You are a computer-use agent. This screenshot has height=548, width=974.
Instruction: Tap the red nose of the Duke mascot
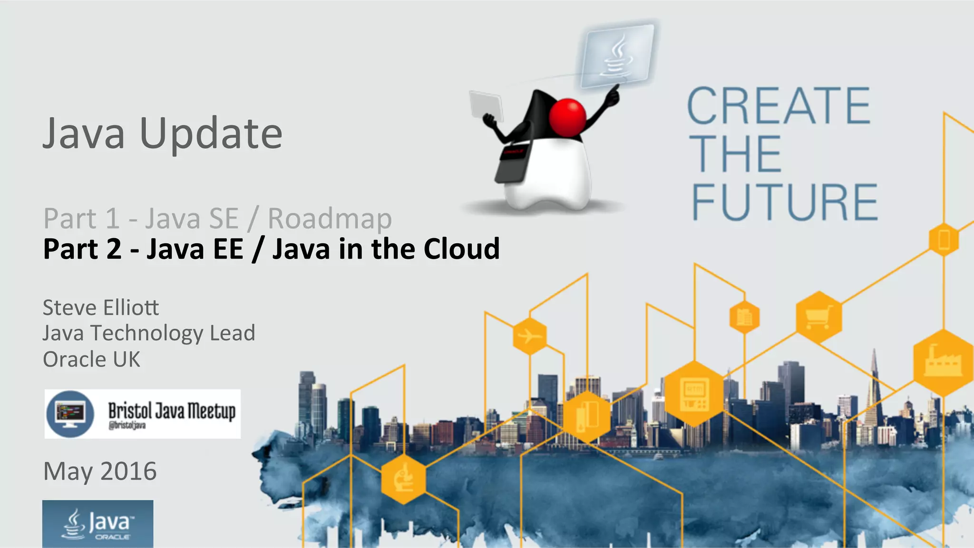pos(567,117)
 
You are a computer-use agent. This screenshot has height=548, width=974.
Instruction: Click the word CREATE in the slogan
pos(779,106)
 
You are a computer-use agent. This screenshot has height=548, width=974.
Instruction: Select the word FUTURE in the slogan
pos(785,203)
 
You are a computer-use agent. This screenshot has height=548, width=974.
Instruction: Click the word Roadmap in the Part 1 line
pos(330,219)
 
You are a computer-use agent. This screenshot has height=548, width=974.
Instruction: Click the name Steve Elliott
pos(101,308)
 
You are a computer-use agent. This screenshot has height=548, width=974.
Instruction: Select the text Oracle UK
pos(92,360)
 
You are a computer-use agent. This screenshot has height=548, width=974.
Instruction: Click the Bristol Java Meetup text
pos(171,412)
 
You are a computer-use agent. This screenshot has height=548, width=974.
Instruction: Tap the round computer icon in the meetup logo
pos(70,413)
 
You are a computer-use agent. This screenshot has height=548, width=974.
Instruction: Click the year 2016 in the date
pos(128,471)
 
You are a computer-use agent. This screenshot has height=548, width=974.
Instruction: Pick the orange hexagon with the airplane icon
pos(530,336)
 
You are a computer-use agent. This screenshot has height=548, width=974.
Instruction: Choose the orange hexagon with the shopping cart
pos(818,317)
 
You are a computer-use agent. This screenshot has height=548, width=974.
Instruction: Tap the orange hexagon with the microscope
pos(403,479)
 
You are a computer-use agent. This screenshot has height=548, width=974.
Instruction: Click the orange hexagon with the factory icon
pos(943,363)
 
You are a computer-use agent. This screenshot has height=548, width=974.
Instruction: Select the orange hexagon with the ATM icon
pos(694,393)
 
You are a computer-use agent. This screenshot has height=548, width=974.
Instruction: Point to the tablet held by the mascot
pos(486,106)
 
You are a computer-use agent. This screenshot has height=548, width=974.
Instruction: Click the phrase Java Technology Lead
pos(149,333)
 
